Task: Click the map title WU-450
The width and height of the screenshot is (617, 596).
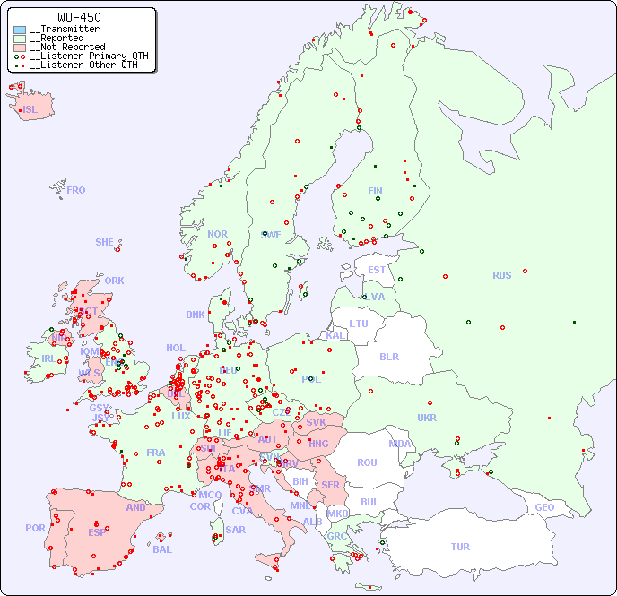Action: click(79, 17)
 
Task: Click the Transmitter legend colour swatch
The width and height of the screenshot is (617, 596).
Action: click(20, 30)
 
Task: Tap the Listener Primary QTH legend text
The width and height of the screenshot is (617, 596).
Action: click(83, 56)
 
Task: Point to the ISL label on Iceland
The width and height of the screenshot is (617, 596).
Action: click(30, 110)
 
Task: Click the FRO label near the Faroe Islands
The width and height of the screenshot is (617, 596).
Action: click(76, 190)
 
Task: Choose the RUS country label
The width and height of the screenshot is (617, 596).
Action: click(501, 275)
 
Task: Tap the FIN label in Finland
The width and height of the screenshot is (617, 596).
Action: click(375, 191)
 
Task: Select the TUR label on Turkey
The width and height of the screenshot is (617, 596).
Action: click(460, 547)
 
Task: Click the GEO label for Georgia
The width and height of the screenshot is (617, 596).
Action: click(544, 507)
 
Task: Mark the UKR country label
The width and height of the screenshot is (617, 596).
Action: click(427, 418)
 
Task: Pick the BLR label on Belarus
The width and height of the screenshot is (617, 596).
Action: click(388, 356)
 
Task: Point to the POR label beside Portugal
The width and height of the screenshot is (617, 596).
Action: click(35, 528)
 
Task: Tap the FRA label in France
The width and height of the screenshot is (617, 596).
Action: click(156, 453)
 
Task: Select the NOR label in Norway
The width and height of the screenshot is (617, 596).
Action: click(217, 234)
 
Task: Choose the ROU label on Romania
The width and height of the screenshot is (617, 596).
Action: click(367, 462)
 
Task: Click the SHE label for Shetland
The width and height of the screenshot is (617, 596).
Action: click(105, 242)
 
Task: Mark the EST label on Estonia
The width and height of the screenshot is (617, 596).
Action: click(377, 270)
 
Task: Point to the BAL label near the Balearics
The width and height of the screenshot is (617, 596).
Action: click(161, 549)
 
